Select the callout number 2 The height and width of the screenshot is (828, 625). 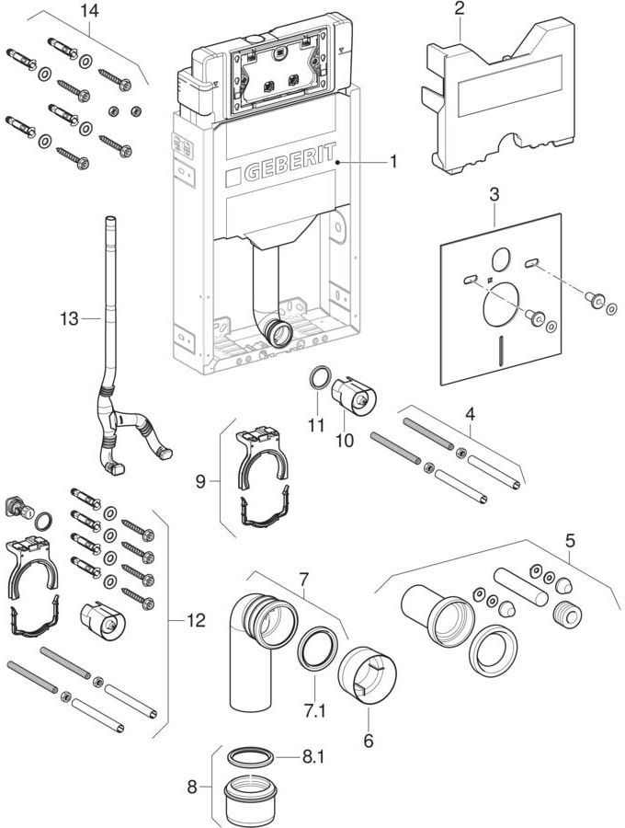[460, 9]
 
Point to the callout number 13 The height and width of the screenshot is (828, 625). [69, 318]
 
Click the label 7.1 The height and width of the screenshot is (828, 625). [314, 711]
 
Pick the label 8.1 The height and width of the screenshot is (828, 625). [312, 757]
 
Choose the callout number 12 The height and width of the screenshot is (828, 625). [196, 620]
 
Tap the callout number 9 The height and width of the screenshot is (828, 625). [200, 481]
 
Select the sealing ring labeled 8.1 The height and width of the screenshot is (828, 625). [250, 756]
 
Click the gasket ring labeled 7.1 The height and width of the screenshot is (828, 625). [317, 647]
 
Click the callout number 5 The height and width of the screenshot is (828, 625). [570, 541]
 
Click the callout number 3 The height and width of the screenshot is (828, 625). [494, 195]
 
